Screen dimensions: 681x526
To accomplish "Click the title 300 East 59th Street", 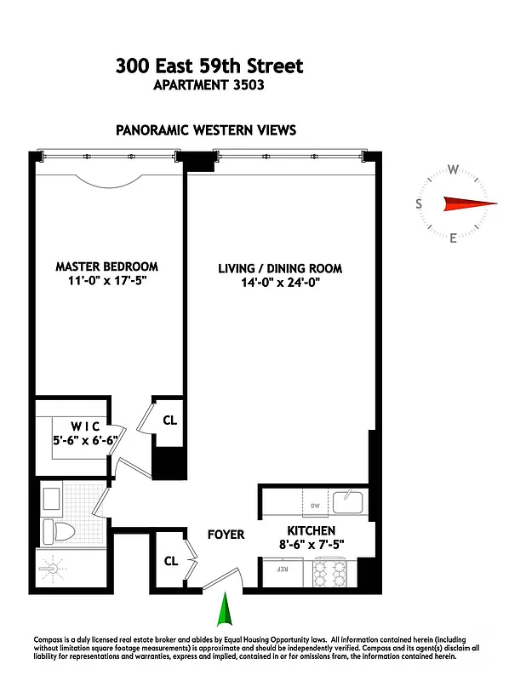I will [x=209, y=66].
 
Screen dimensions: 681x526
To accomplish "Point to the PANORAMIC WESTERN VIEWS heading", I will [x=206, y=130].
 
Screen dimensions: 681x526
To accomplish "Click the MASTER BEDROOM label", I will [x=107, y=266].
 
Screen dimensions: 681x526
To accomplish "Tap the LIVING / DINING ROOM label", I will [x=280, y=268].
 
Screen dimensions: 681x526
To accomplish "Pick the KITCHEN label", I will [x=310, y=530].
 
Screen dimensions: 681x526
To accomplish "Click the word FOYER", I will [x=226, y=535].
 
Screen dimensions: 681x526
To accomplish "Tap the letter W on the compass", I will [x=454, y=169].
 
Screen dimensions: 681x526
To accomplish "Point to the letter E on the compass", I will [x=453, y=238].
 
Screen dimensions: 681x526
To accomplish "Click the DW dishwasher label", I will [x=314, y=504].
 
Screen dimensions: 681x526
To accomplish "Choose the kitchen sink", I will [x=348, y=502].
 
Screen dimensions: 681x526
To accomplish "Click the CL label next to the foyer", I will [x=170, y=561].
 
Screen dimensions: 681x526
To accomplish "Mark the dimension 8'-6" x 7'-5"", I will [x=310, y=545].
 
